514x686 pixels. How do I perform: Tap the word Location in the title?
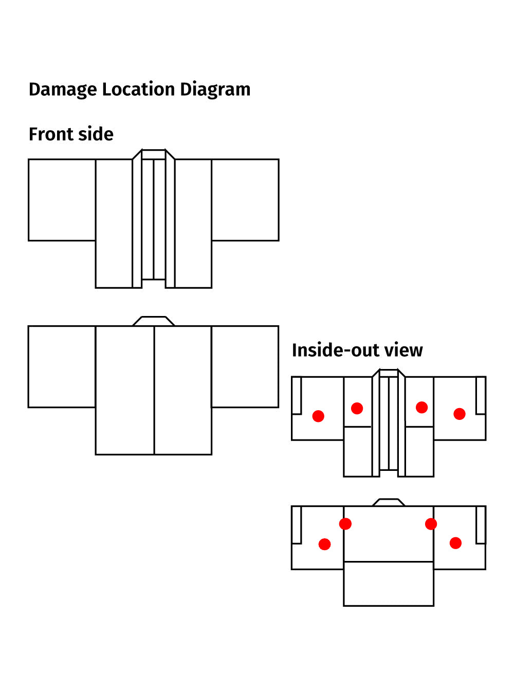[x=138, y=90]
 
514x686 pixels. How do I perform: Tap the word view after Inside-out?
[x=403, y=350]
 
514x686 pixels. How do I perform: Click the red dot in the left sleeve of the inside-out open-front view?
[x=318, y=416]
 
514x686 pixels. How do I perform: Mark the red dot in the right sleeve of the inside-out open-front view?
[x=460, y=414]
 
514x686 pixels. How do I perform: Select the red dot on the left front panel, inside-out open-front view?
[x=357, y=408]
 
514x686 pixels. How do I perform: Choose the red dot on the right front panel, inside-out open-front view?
[x=422, y=408]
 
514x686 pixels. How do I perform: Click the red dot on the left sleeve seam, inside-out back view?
[x=345, y=524]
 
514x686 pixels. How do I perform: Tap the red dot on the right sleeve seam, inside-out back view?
[x=431, y=524]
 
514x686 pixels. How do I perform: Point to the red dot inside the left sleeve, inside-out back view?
[x=325, y=544]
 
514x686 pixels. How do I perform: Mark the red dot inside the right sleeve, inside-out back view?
[x=455, y=543]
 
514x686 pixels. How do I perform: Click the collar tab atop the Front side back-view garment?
[x=154, y=321]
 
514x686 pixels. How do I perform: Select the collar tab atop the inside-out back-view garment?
[x=389, y=502]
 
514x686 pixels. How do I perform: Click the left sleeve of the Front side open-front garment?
[x=62, y=200]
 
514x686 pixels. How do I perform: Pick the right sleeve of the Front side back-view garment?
[x=245, y=366]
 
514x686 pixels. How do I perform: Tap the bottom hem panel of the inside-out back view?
[x=389, y=584]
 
